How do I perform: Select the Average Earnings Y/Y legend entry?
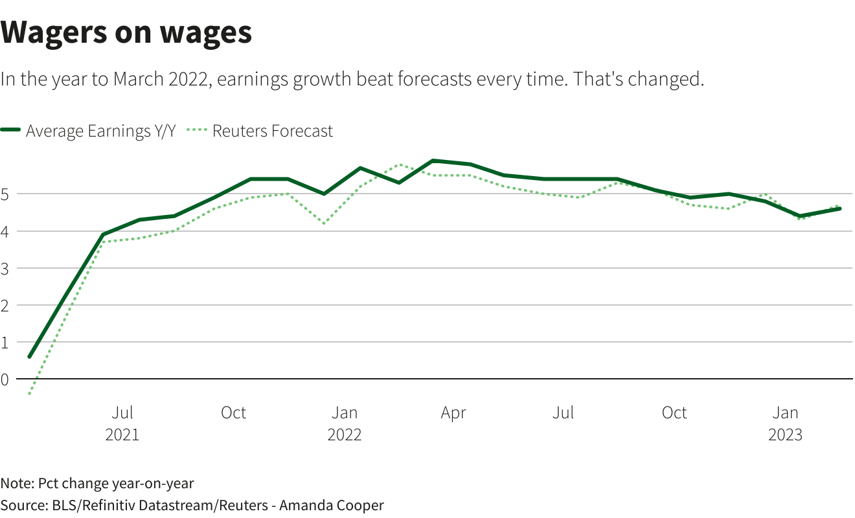pyautogui.click(x=88, y=131)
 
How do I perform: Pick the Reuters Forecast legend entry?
pyautogui.click(x=260, y=131)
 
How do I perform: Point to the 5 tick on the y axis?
pyautogui.click(x=5, y=194)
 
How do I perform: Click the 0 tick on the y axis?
pyautogui.click(x=5, y=379)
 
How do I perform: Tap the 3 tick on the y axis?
pyautogui.click(x=5, y=269)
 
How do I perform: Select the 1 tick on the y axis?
pyautogui.click(x=5, y=343)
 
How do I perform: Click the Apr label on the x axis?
pyautogui.click(x=453, y=413)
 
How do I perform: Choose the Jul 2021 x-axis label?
pyautogui.click(x=122, y=423)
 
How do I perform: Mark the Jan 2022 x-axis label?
pyautogui.click(x=345, y=423)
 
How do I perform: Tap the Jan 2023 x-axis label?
pyautogui.click(x=786, y=423)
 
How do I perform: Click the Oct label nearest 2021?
pyautogui.click(x=233, y=413)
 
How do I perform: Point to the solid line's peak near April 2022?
pyautogui.click(x=433, y=161)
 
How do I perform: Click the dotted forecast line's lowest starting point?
pyautogui.click(x=30, y=394)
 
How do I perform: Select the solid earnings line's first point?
pyautogui.click(x=30, y=357)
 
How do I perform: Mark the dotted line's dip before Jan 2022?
pyautogui.click(x=324, y=223)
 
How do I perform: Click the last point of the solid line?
pyautogui.click(x=840, y=208)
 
